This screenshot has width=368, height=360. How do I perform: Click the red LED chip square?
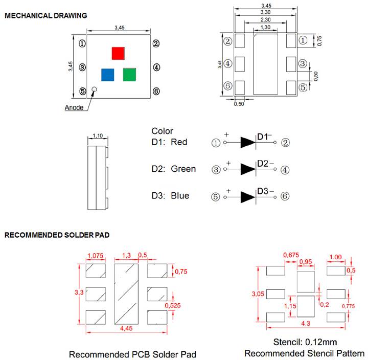[x=118, y=53]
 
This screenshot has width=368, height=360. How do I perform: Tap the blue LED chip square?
[x=107, y=75]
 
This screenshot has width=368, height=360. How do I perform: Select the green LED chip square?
[x=129, y=75]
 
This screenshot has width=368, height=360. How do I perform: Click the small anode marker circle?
[x=94, y=91]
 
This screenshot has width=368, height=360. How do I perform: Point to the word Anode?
[x=75, y=107]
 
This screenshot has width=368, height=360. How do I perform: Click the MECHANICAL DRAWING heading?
[x=45, y=15]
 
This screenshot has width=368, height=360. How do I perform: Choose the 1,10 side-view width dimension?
[x=98, y=136]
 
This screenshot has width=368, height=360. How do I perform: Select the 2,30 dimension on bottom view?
[x=266, y=19]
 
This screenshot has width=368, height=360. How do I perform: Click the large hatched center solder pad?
[x=126, y=294]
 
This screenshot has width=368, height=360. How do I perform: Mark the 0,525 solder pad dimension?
[x=174, y=305]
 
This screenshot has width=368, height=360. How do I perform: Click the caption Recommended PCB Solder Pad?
[x=132, y=354]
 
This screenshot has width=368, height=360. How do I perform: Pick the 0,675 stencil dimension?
[x=291, y=255]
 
